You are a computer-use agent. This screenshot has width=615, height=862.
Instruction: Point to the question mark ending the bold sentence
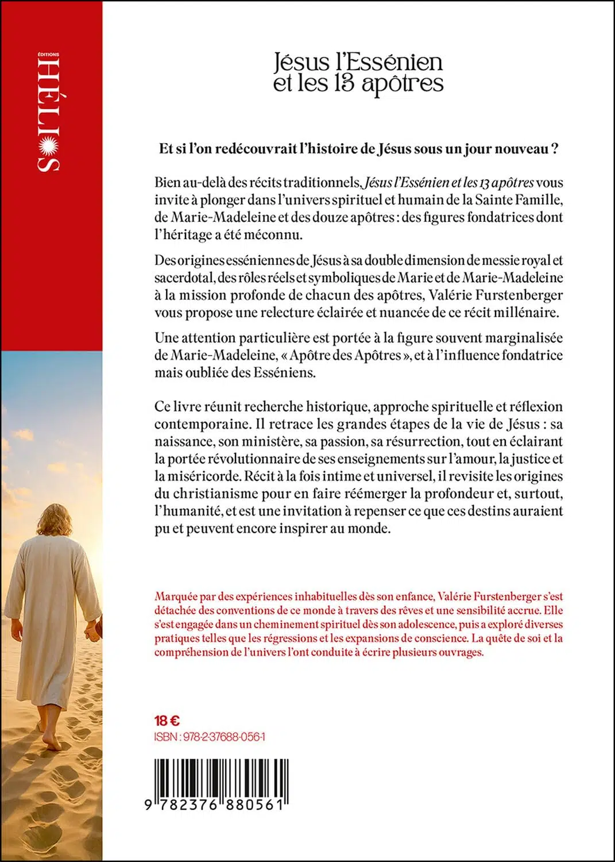[x=555, y=149]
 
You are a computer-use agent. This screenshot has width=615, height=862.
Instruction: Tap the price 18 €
[x=167, y=721]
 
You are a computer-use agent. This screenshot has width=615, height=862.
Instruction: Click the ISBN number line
[x=210, y=737]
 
